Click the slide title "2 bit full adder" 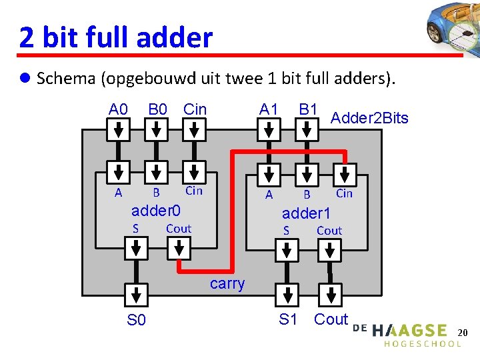click(116, 37)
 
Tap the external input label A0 click(119, 109)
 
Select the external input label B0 click(157, 109)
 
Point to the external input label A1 click(269, 109)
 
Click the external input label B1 click(308, 109)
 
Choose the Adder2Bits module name click(369, 119)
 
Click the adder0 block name click(156, 211)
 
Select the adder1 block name click(306, 214)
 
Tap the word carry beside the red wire click(227, 284)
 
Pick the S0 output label click(136, 321)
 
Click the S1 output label click(288, 319)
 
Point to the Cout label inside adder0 click(178, 229)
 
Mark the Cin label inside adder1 click(344, 193)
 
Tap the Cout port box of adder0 click(179, 249)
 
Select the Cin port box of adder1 click(344, 173)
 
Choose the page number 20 click(464, 332)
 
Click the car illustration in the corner click(453, 30)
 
